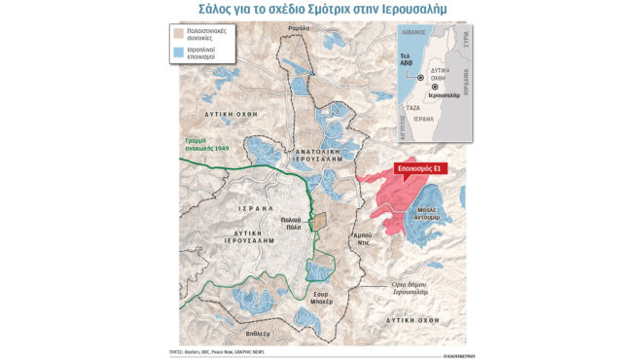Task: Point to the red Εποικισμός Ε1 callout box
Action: point(419,169)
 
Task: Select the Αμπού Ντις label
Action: point(363,240)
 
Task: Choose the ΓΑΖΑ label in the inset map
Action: point(412,106)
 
